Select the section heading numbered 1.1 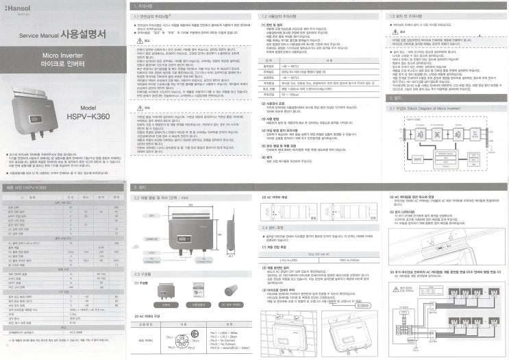[x=153, y=16]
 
